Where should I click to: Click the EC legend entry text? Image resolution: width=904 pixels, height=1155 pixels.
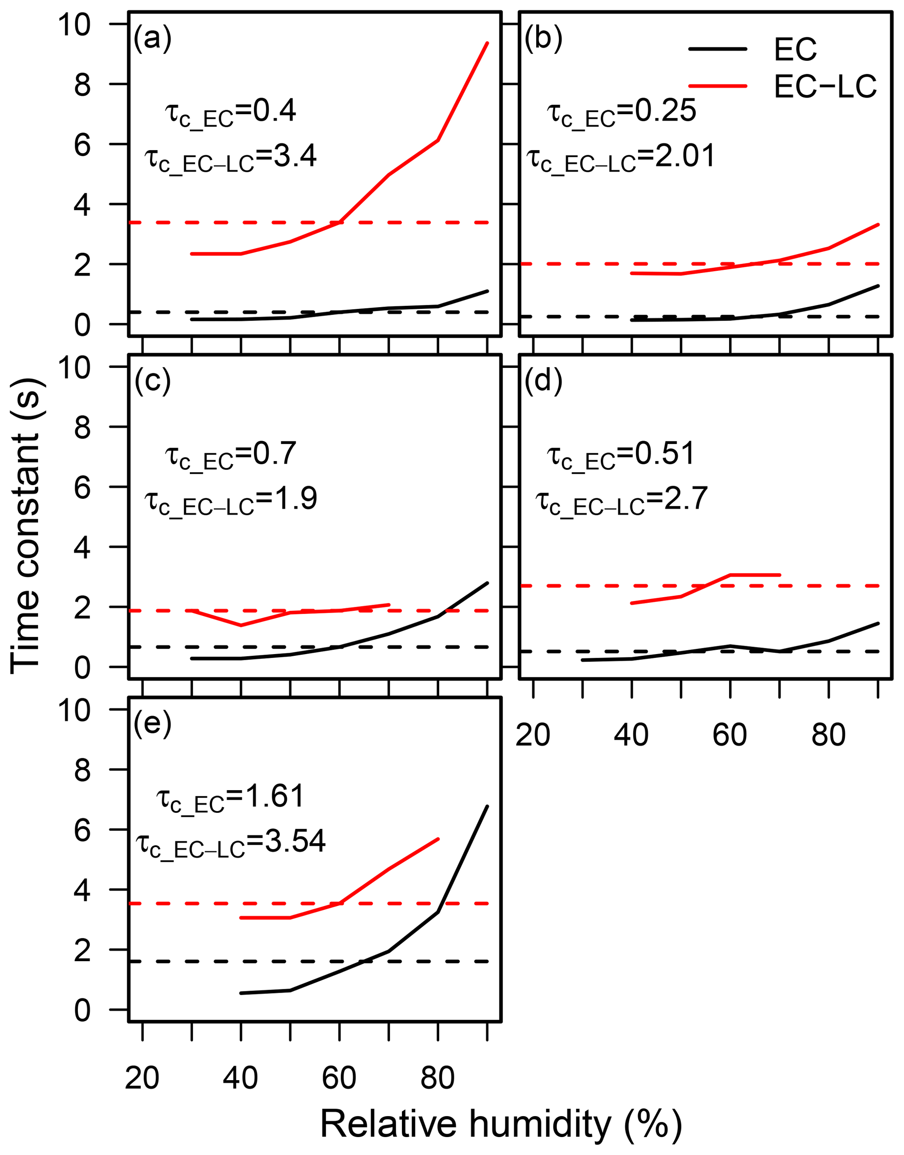795,49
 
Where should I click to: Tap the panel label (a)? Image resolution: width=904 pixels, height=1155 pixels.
153,38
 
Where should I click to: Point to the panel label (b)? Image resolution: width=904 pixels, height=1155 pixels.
543,38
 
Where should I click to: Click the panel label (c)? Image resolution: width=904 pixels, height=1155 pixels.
153,381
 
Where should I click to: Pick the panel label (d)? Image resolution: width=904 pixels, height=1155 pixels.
543,381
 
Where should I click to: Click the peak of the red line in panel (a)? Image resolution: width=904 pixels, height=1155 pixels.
487,43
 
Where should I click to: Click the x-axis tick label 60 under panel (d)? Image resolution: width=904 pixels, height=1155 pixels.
730,735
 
